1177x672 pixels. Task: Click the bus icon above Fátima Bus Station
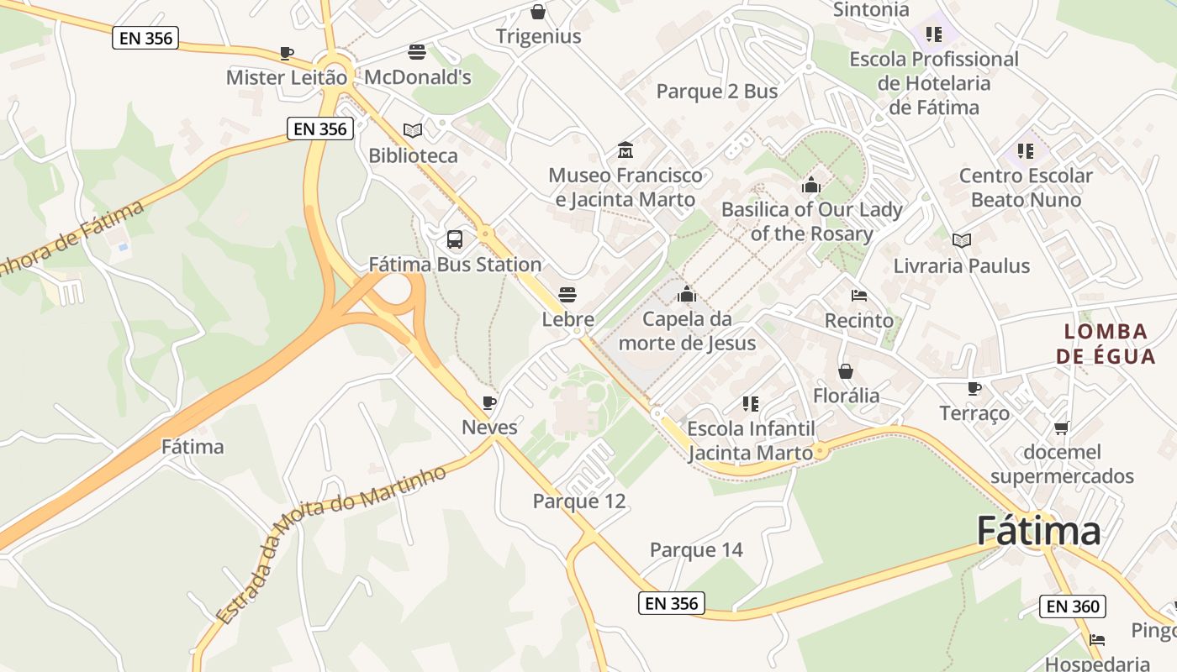tap(455, 239)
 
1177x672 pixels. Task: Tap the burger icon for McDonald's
tap(416, 52)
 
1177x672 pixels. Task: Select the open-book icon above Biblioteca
tap(412, 130)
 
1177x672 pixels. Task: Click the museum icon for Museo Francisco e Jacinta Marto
tap(625, 150)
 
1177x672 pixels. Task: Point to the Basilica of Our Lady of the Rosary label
tap(811, 221)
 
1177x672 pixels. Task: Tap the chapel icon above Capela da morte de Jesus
tap(687, 294)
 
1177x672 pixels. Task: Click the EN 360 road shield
tap(1072, 606)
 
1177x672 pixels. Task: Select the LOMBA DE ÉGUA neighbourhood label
tap(1106, 344)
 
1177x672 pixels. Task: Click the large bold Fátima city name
tap(1038, 532)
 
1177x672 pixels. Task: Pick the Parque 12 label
tap(579, 501)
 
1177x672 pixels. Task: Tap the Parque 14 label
tap(696, 550)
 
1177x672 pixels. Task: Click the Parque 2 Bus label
tap(717, 92)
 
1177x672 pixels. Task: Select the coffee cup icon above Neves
tap(489, 402)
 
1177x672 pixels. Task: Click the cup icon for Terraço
tap(974, 388)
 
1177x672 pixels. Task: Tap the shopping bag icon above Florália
tap(846, 370)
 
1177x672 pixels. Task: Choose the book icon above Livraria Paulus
tap(962, 241)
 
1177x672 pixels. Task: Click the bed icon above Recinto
tap(858, 296)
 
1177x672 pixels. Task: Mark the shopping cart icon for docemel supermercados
tap(1062, 428)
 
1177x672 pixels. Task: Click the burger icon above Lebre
tap(567, 295)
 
